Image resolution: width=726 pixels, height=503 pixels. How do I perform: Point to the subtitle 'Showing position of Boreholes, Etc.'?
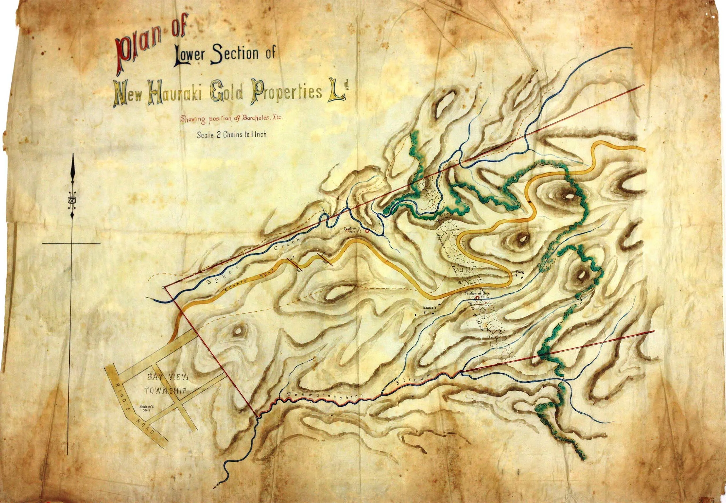[231, 119]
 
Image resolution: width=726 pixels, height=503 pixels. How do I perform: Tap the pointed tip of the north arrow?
[73, 155]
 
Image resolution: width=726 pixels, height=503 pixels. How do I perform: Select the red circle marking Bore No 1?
[477, 297]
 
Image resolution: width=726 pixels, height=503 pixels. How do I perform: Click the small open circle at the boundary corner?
[162, 287]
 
